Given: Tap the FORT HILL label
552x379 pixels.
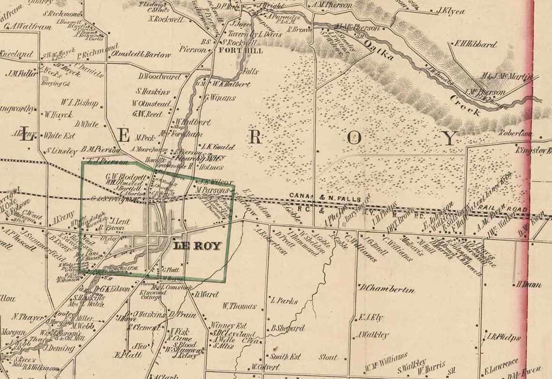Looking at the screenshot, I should coord(235,50).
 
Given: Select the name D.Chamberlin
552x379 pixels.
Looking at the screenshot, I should coord(387,289).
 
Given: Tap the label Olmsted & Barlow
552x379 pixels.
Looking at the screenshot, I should coord(141,55).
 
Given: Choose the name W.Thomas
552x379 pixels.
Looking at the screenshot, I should coord(239,306).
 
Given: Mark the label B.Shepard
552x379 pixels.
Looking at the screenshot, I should coord(288,328).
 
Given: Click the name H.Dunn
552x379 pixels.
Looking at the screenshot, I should coord(529,284).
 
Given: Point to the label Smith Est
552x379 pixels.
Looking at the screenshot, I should coord(285,357).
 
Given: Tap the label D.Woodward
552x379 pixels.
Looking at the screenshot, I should coord(159,76).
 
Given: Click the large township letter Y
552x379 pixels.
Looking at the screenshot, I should coord(450,138).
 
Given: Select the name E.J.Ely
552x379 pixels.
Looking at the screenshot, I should coord(370,318).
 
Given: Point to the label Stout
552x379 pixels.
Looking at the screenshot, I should coord(327,357).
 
